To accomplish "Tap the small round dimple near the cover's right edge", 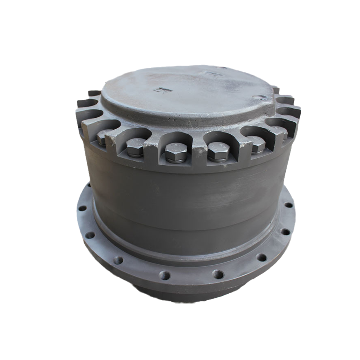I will pyautogui.click(x=260, y=97).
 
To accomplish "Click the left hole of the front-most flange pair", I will pyautogui.click(x=164, y=275).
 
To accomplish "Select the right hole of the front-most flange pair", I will pyautogui.click(x=218, y=274).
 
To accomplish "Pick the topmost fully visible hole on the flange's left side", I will pyautogui.click(x=82, y=208).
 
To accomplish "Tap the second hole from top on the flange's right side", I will pyautogui.click(x=285, y=231).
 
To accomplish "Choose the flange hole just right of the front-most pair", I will pyautogui.click(x=261, y=257).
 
